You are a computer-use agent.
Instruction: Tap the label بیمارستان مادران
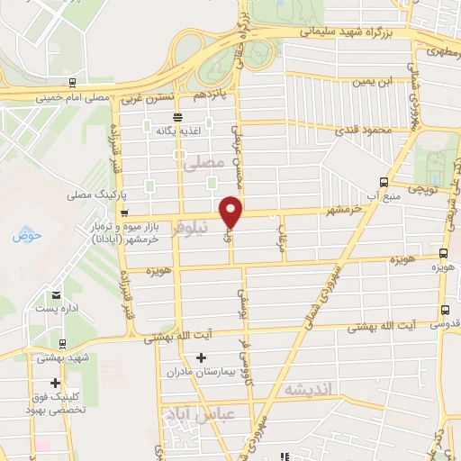point(199,371)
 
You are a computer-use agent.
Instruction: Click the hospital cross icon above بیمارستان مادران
point(200,357)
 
